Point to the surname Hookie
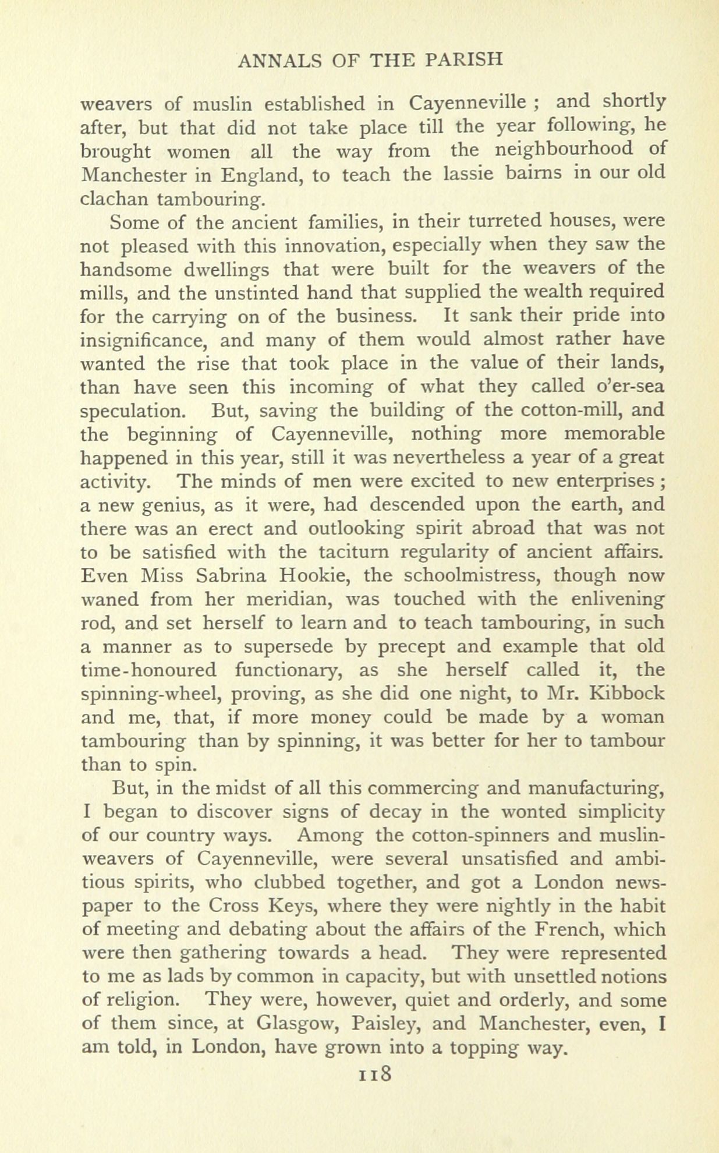click(315, 575)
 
